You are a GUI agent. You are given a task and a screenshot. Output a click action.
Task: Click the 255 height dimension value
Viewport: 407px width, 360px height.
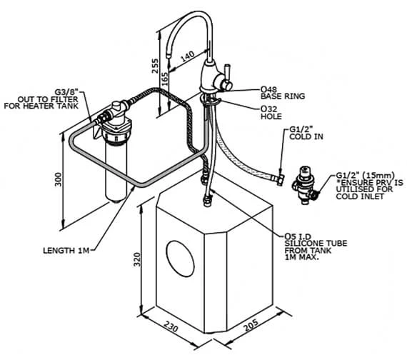155,66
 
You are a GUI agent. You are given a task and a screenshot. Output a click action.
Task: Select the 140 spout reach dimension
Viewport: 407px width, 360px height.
187,56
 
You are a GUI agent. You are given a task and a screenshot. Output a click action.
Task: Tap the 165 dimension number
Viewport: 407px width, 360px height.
164,79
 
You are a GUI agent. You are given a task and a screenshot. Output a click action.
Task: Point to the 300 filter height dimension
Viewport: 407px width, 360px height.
59,179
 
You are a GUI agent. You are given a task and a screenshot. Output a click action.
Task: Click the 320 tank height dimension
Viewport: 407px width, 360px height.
137,259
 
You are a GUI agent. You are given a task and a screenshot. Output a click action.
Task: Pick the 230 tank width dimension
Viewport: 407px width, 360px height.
171,326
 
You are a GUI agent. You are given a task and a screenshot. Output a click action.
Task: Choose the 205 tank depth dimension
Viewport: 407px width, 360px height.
251,325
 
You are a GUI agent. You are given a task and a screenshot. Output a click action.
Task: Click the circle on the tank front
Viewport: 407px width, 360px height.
180,259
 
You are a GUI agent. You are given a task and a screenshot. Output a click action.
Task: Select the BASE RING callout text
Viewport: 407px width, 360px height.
283,96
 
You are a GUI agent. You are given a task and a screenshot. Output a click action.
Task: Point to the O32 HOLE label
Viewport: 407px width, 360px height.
271,112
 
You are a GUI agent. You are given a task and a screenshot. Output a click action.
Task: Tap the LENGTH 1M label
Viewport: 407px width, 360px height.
66,251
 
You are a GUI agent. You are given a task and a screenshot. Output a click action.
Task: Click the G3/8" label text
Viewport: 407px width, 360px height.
66,92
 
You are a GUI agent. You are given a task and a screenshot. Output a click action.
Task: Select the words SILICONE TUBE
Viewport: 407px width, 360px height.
316,244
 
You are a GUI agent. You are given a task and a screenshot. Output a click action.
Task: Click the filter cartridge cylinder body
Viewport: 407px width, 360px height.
116,171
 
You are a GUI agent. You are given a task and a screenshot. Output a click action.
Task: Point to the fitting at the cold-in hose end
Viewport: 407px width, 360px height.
281,180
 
